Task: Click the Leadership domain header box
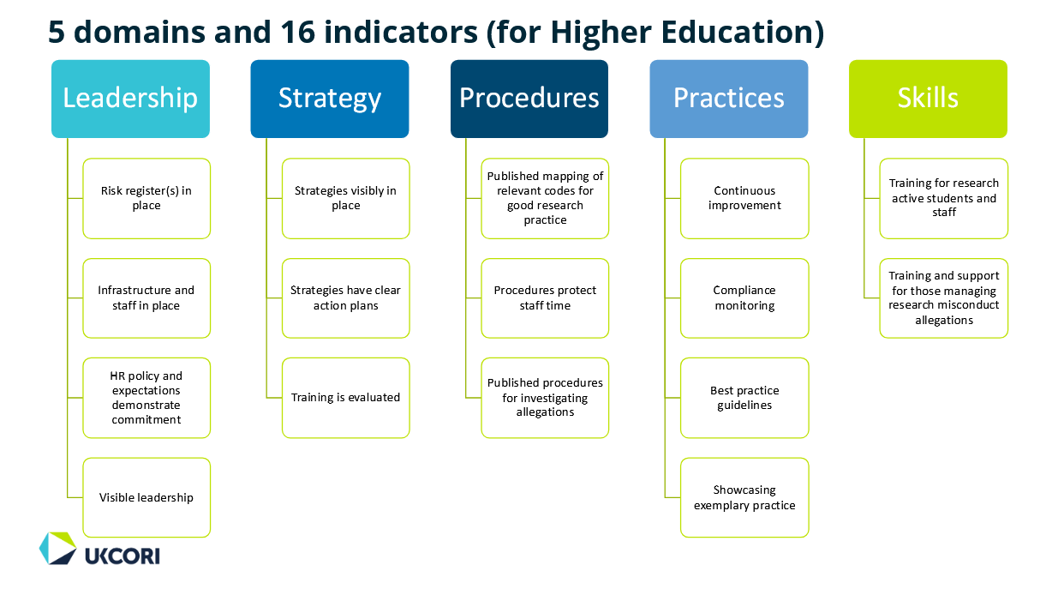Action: tap(130, 99)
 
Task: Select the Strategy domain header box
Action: tap(330, 99)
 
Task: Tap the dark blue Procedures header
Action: tap(529, 99)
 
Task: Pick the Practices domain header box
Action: tap(729, 99)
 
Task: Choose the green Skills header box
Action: tap(928, 99)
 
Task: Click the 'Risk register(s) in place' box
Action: tap(146, 199)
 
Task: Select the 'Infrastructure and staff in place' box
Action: tap(146, 298)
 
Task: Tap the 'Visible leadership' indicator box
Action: tap(146, 497)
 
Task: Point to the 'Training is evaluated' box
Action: tap(346, 398)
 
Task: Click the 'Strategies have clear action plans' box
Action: tap(346, 298)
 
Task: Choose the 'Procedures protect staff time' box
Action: tap(545, 298)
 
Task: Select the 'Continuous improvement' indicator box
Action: tap(744, 199)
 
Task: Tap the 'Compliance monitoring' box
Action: tap(744, 298)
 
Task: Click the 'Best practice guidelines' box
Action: tap(744, 398)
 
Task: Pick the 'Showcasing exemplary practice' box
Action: tap(744, 497)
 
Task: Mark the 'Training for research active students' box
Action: tap(944, 199)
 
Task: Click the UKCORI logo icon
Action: tap(57, 548)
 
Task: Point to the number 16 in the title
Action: tap(297, 32)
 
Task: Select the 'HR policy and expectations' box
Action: tap(146, 398)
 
